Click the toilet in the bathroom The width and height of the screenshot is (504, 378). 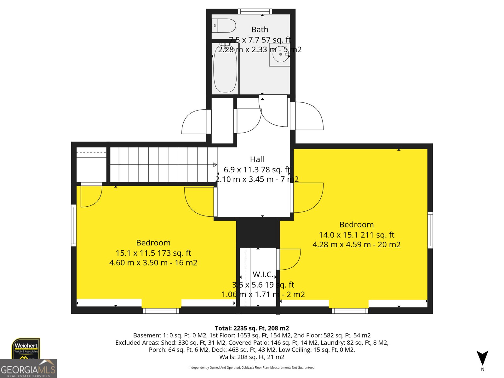pyautogui.click(x=224, y=26)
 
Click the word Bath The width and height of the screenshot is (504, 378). pyautogui.click(x=260, y=30)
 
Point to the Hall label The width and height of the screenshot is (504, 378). pyautogui.click(x=257, y=159)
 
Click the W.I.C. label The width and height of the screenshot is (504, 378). pyautogui.click(x=263, y=275)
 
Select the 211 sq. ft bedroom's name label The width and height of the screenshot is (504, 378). pyautogui.click(x=357, y=225)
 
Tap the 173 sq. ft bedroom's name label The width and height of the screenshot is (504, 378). pyautogui.click(x=153, y=243)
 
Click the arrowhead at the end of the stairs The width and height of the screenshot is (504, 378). pyautogui.click(x=215, y=165)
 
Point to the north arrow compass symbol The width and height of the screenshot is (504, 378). pyautogui.click(x=482, y=358)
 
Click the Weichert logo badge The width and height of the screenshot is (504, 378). pyautogui.click(x=26, y=348)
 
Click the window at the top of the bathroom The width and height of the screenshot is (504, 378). pyautogui.click(x=255, y=12)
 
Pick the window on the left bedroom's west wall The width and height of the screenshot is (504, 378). pyautogui.click(x=74, y=225)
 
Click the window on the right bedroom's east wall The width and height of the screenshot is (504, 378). pyautogui.click(x=430, y=230)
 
